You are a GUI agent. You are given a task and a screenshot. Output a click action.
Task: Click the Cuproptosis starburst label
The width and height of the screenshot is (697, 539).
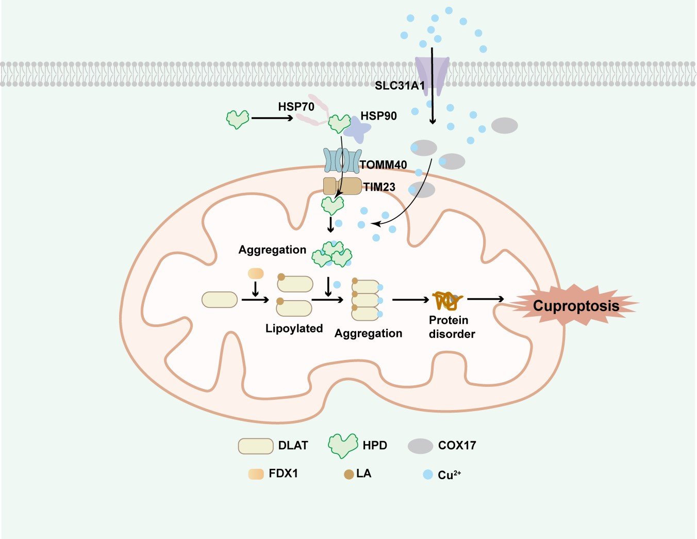tap(576, 305)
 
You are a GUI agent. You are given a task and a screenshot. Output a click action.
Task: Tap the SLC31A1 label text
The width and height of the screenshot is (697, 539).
tap(400, 86)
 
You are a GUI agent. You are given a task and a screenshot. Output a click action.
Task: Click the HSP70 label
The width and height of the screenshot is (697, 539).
tap(296, 107)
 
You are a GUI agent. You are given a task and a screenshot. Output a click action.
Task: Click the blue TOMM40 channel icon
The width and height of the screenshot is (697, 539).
tap(342, 160)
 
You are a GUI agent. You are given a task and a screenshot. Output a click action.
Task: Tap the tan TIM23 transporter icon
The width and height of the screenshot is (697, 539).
tap(342, 186)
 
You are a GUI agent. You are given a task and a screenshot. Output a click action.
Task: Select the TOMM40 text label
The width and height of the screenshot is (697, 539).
tap(384, 165)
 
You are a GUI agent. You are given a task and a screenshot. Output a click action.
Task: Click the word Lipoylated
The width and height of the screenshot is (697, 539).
tap(294, 329)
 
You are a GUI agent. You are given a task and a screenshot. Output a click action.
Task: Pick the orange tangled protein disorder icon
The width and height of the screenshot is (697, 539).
tap(448, 301)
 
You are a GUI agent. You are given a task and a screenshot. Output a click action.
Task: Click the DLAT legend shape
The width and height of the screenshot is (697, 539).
tap(256, 446)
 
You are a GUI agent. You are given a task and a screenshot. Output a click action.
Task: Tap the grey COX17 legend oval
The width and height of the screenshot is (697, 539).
tap(421, 446)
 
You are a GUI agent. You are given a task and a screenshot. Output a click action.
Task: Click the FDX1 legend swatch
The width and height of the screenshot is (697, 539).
tap(256, 474)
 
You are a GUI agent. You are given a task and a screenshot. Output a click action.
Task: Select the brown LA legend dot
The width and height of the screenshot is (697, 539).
tap(349, 475)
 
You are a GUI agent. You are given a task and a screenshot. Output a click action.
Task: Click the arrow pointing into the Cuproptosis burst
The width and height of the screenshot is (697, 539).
tap(485, 299)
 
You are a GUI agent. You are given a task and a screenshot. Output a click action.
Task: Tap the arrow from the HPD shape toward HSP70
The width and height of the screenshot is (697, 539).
tap(272, 118)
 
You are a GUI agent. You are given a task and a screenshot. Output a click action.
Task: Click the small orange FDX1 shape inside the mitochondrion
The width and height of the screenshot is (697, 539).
tap(256, 274)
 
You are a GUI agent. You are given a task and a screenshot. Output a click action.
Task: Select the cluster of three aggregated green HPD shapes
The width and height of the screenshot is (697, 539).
tap(333, 254)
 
